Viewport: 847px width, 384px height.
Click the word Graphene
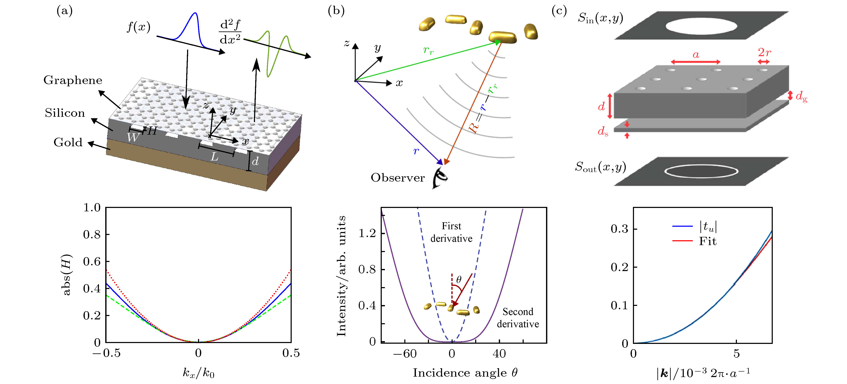click(73, 80)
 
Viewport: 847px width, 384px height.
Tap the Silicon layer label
click(65, 113)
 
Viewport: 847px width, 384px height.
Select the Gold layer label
click(68, 142)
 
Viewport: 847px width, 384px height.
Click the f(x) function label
click(138, 27)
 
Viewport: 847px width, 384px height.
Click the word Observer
click(398, 178)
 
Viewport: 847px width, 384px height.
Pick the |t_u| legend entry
click(708, 226)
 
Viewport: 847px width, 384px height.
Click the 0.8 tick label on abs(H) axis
click(92, 234)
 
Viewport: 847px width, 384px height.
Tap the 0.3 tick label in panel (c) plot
click(619, 229)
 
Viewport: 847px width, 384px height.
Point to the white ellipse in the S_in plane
click(701, 26)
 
